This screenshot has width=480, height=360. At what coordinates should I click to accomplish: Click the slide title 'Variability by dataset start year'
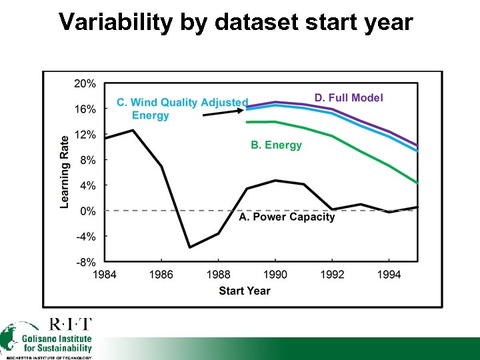235,21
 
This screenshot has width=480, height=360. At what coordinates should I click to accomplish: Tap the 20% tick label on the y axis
84,83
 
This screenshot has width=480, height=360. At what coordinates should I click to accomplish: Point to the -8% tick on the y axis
84,262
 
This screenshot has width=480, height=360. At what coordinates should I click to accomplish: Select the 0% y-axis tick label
87,211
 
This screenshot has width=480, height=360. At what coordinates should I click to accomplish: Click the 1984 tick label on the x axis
104,275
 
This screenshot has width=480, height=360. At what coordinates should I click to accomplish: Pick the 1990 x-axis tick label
275,275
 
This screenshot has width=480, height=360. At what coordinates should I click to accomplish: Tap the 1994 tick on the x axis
389,275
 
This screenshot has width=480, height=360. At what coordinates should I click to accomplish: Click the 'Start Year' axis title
244,291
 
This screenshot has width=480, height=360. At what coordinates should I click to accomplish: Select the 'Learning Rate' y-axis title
65,172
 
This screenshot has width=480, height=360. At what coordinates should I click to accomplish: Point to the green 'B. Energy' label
276,145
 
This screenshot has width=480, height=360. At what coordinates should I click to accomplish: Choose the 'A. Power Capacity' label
287,217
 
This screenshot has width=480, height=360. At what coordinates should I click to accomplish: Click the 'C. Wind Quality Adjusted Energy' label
181,109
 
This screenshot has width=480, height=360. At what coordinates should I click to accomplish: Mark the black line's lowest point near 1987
190,247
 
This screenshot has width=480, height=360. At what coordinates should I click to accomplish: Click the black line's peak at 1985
133,130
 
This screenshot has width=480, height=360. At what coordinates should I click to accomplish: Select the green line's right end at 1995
417,183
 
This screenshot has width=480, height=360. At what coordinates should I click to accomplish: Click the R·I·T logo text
71,325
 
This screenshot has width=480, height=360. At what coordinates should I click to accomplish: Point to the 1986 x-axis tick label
161,275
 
